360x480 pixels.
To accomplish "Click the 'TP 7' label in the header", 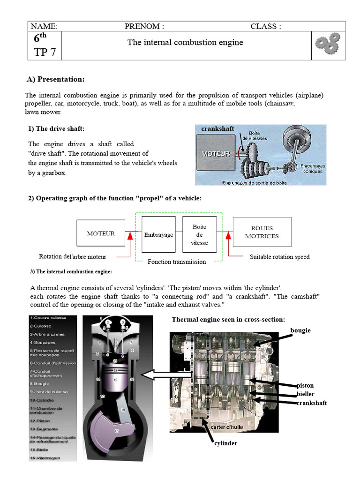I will click(x=45, y=52).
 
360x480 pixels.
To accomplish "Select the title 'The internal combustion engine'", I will click(x=185, y=43).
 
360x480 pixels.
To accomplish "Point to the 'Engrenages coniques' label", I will click(x=312, y=169).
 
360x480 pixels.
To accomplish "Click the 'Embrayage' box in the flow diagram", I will click(x=158, y=235).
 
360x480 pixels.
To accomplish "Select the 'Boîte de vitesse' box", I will click(x=199, y=235).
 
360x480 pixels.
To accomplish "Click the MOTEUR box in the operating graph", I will click(x=101, y=233).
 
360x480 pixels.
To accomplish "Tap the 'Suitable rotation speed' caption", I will click(x=279, y=257).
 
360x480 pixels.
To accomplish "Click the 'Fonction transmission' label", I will click(x=177, y=262).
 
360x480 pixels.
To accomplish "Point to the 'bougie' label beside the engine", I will click(x=300, y=330).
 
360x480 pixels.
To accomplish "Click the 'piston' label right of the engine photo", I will click(x=305, y=385).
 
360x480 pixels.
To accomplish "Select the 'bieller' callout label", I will click(x=305, y=394).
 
